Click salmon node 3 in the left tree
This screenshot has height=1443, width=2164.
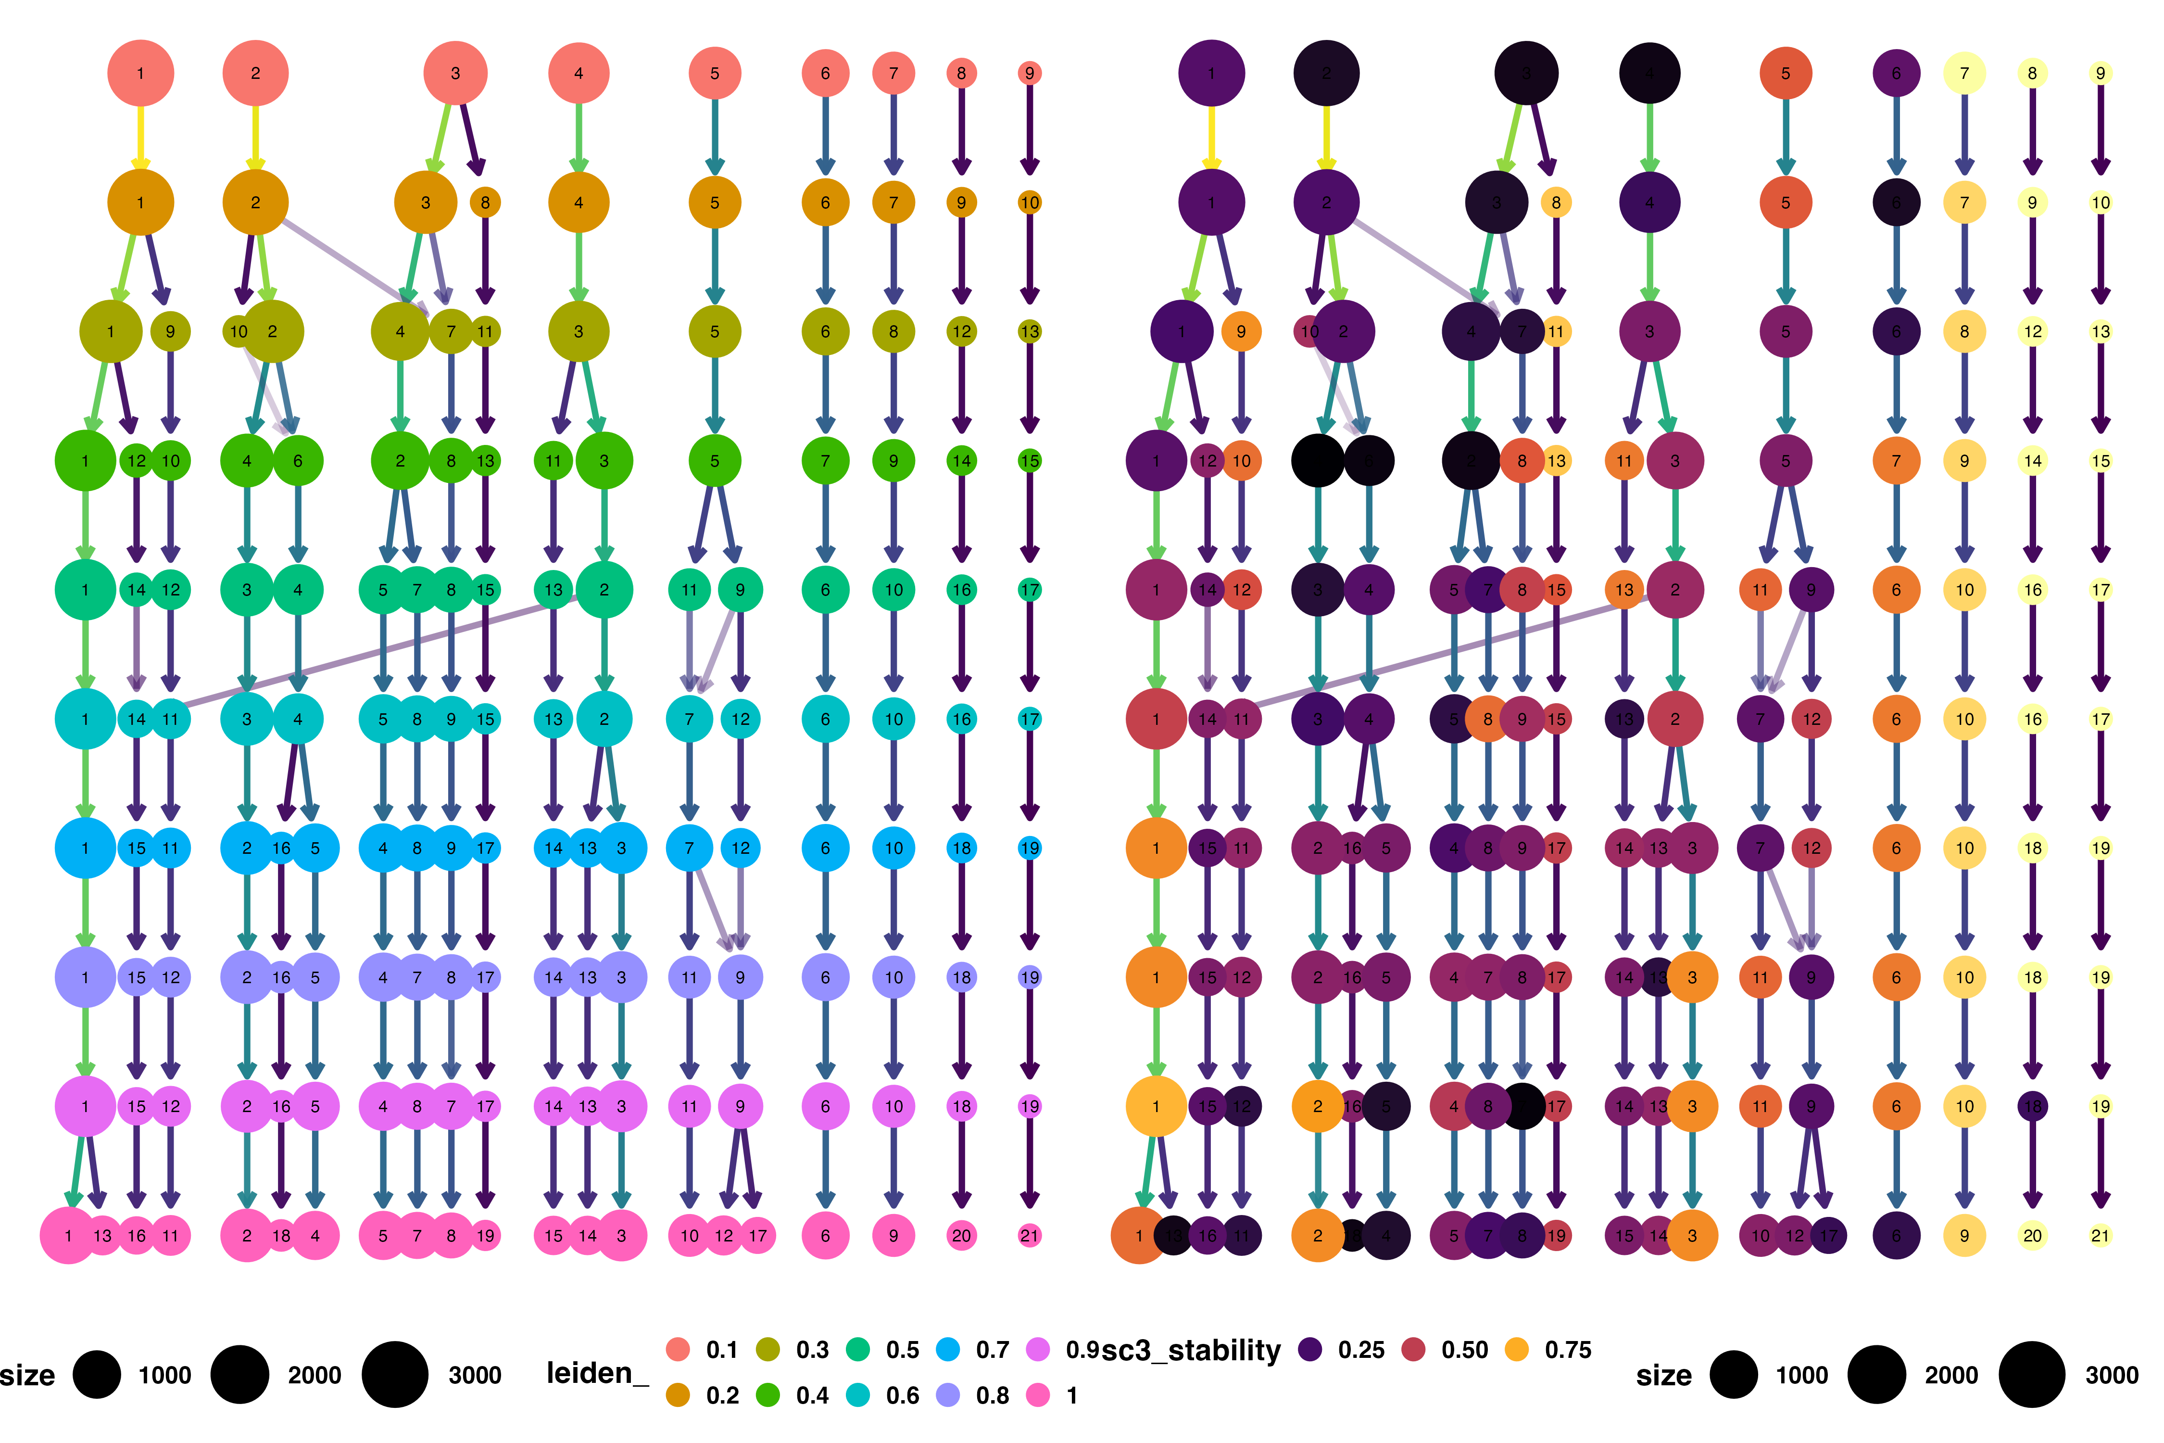click(455, 73)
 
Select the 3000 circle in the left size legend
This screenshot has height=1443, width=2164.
click(395, 1375)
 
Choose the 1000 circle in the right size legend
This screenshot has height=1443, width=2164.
click(1734, 1375)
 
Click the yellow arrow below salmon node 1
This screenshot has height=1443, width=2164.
click(141, 138)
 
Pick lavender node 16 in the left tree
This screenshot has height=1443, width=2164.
click(281, 977)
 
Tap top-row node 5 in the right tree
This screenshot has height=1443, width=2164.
click(1785, 73)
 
